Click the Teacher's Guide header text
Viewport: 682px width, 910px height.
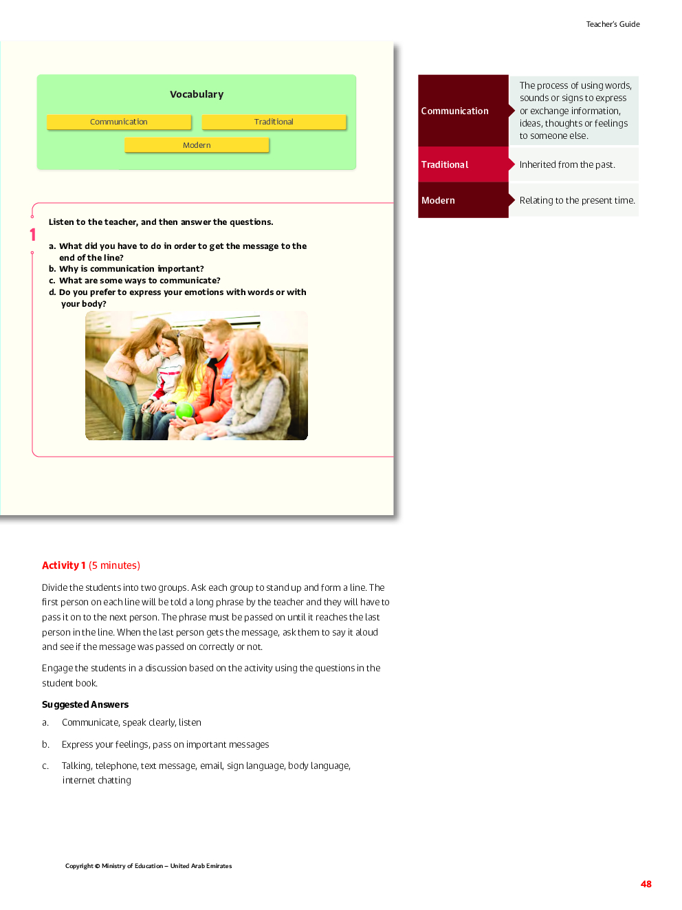coord(613,24)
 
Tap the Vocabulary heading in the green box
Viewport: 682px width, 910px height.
coord(197,94)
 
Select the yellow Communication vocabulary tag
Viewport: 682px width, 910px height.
coord(119,122)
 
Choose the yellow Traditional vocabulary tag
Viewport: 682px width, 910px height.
coord(274,122)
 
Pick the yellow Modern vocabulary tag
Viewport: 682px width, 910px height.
coord(197,145)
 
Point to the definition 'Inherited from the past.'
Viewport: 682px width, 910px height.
coord(567,164)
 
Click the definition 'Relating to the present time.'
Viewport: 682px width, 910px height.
coord(577,200)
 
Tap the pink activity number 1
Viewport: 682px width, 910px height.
coord(32,235)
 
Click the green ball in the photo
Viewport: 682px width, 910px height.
coord(184,411)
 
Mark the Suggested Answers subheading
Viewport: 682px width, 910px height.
coord(85,704)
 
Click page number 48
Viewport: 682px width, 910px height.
coord(646,884)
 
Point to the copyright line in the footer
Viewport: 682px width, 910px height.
coord(148,866)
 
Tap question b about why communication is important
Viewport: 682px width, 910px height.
coord(126,269)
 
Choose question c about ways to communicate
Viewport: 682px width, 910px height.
coord(135,281)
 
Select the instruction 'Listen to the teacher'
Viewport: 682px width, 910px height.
coord(161,222)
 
